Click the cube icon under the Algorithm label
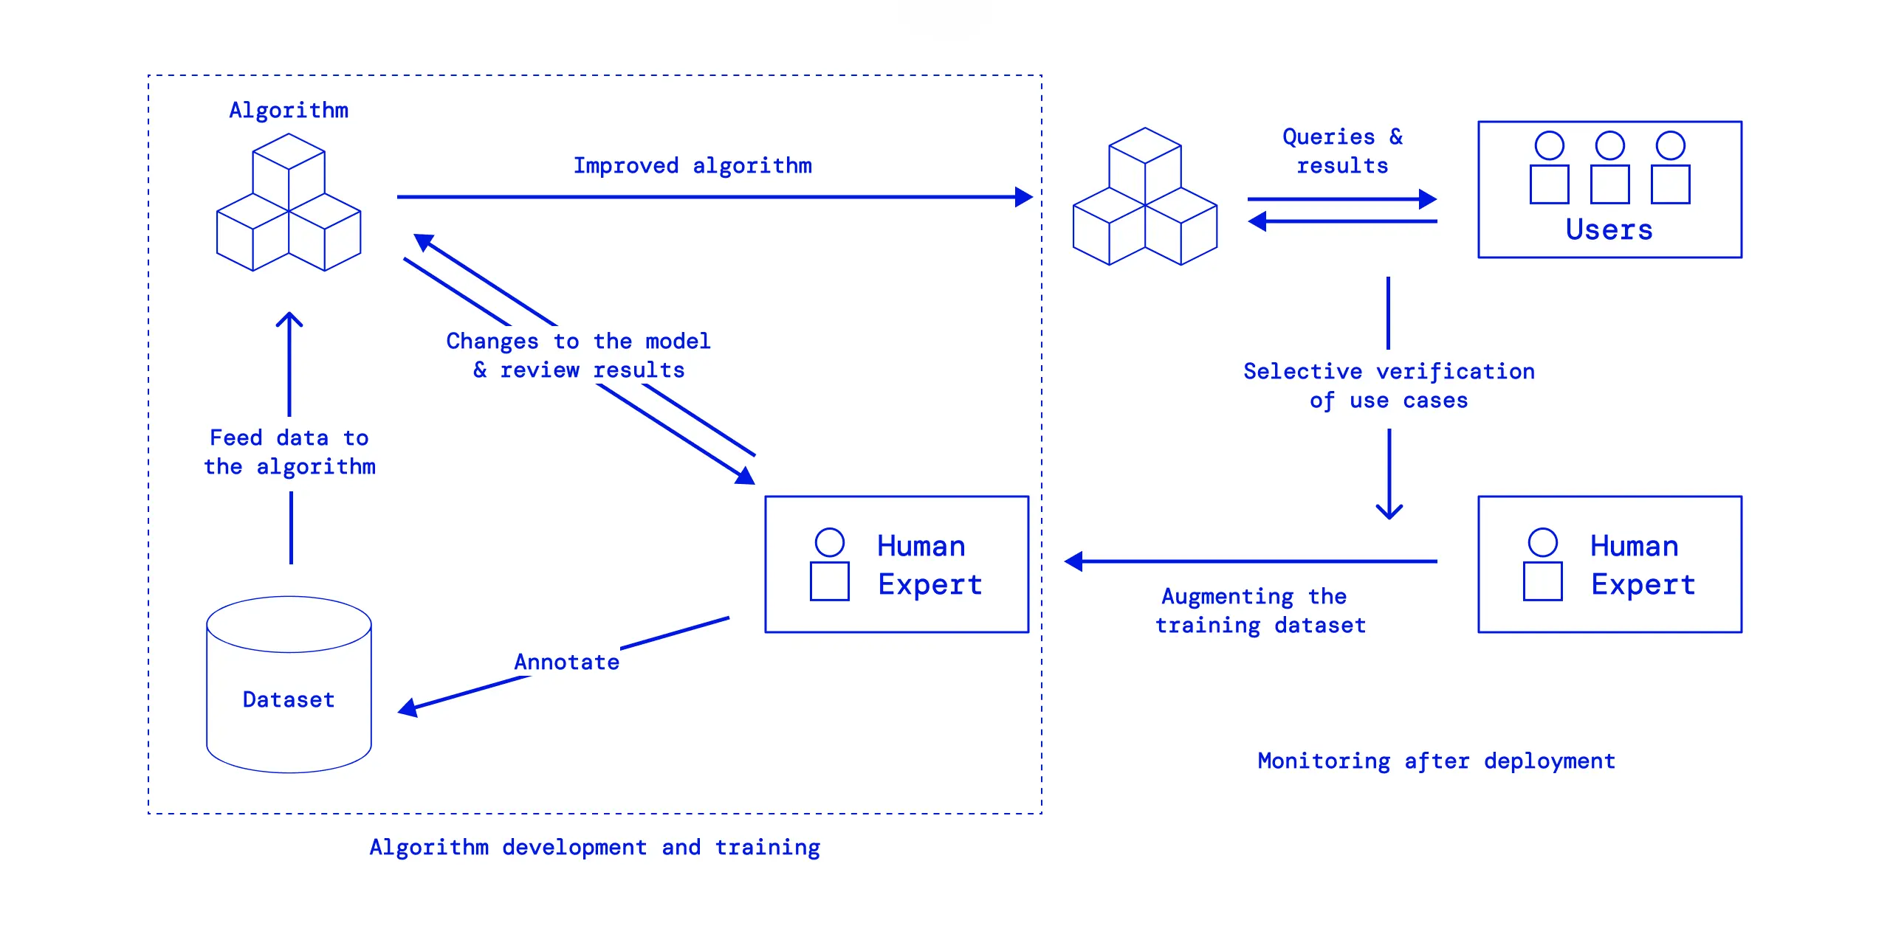[289, 203]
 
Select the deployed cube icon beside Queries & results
[1144, 197]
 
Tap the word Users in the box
[1609, 229]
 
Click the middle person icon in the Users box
[1609, 167]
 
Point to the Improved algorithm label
[693, 166]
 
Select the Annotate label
[566, 662]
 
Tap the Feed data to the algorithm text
[289, 452]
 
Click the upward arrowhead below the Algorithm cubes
[289, 319]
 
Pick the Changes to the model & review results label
[578, 356]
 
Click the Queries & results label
[1342, 151]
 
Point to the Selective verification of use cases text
[1389, 386]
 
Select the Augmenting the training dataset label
[1261, 611]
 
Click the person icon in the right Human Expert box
[1542, 564]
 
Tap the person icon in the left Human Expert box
[829, 564]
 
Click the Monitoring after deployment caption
[1436, 761]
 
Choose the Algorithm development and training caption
[594, 847]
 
